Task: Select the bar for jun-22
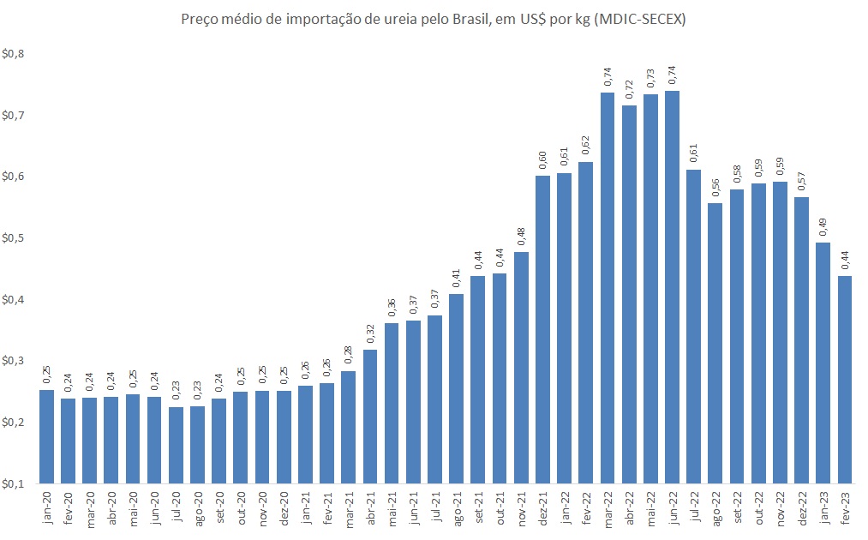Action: (x=673, y=287)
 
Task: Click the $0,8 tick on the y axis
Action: (x=15, y=54)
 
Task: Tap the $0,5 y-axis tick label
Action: (x=15, y=238)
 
